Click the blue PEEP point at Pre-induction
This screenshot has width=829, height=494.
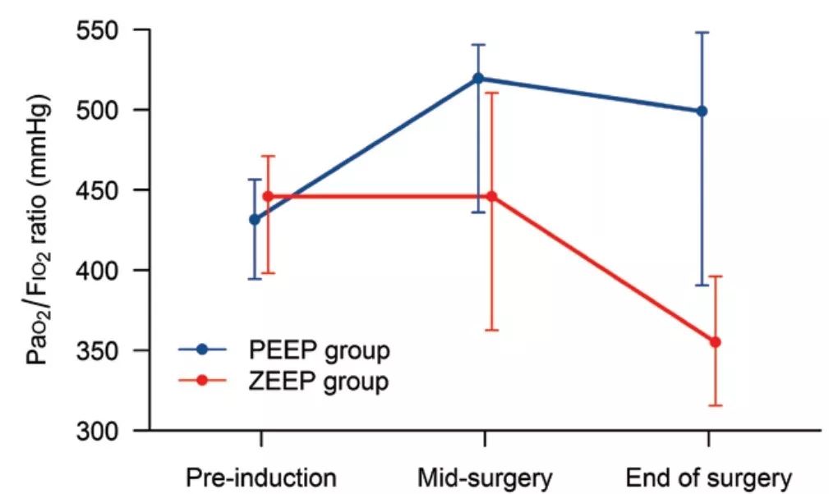click(255, 219)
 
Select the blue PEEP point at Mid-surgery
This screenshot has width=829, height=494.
click(479, 79)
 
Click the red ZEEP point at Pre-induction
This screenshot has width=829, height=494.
click(267, 197)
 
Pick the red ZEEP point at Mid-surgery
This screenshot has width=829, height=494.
click(491, 197)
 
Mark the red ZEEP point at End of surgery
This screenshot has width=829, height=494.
click(715, 341)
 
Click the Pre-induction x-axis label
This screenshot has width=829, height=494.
click(260, 478)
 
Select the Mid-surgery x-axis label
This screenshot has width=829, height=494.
click(485, 478)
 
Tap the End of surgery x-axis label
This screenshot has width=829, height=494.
click(709, 478)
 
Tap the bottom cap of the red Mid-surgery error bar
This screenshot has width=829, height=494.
click(491, 330)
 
